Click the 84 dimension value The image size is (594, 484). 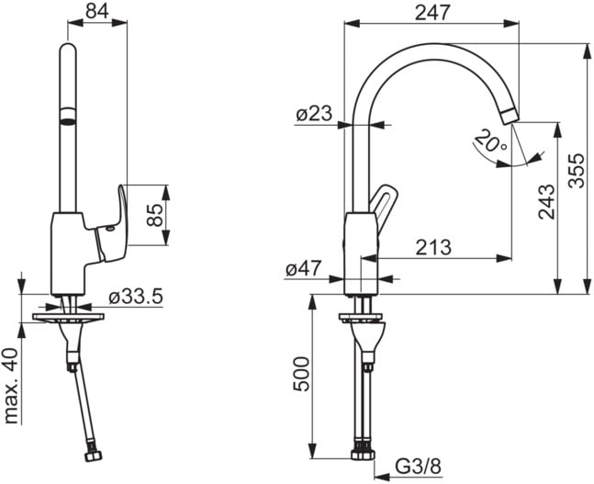tap(97, 11)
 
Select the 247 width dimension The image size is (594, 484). tap(432, 13)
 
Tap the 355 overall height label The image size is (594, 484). tap(577, 170)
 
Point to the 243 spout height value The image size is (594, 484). tap(546, 202)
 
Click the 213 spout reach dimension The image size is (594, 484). tap(433, 247)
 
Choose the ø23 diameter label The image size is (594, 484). tap(314, 113)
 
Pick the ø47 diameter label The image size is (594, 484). tap(304, 269)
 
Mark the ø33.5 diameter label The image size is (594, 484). tap(136, 297)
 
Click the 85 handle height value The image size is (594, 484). tap(155, 215)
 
